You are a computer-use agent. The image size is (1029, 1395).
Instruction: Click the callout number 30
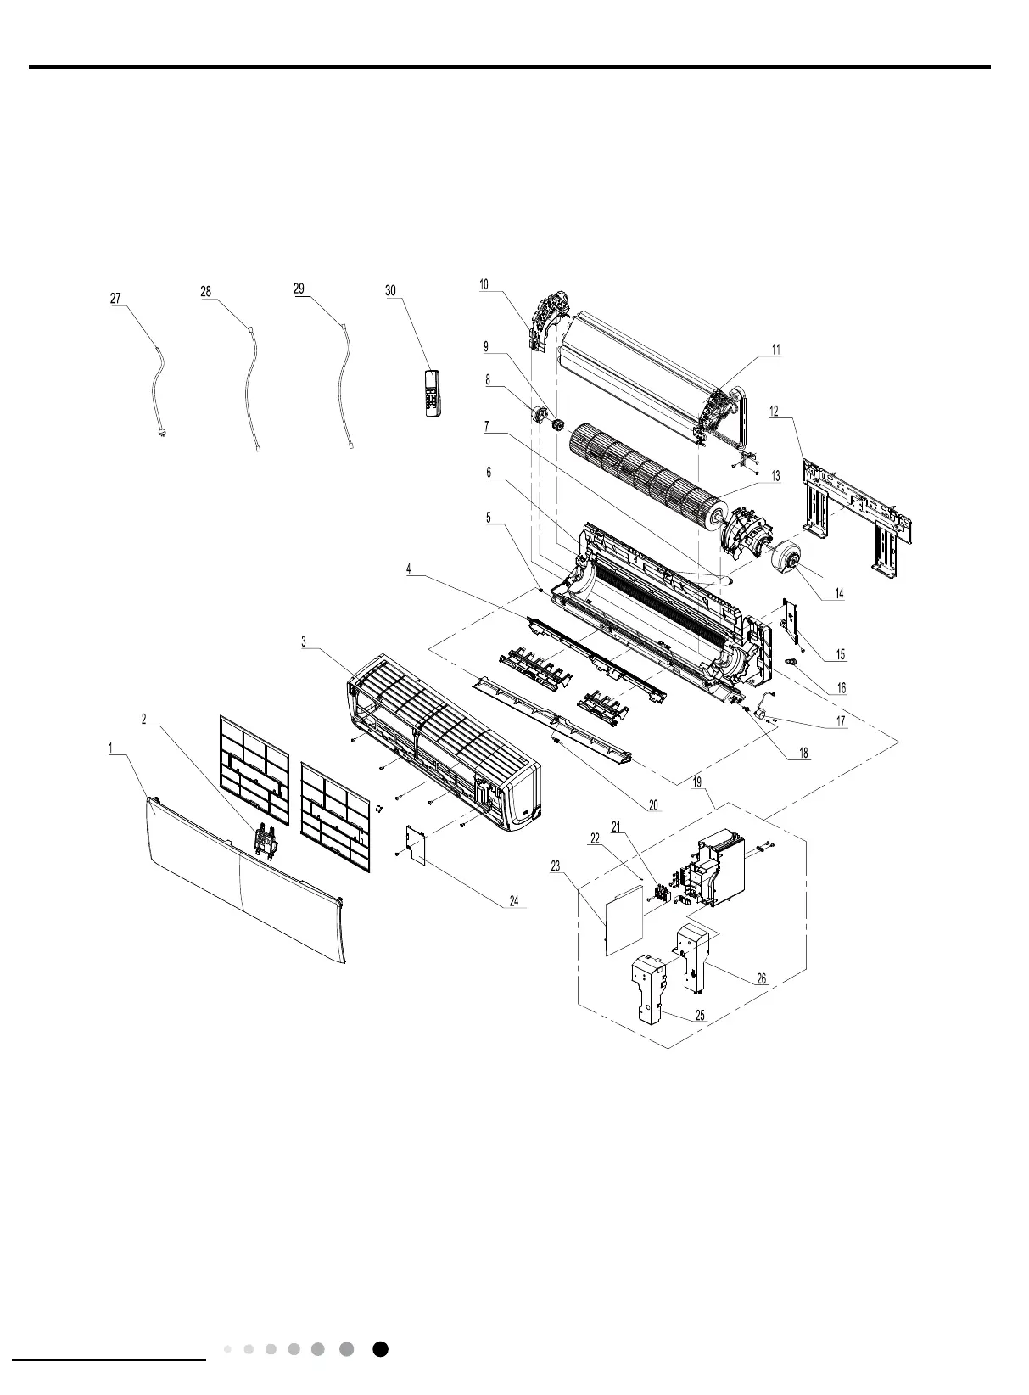click(x=390, y=290)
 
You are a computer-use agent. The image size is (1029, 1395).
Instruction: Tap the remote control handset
click(x=433, y=393)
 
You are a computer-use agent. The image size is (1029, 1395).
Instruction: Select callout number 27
click(x=115, y=298)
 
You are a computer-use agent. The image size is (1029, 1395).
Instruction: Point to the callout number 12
click(x=775, y=412)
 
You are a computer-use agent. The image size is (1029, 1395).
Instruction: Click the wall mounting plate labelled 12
click(x=857, y=517)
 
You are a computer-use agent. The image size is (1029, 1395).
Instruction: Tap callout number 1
click(x=110, y=748)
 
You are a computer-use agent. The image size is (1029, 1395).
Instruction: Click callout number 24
click(x=515, y=901)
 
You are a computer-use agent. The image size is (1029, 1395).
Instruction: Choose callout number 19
click(x=697, y=782)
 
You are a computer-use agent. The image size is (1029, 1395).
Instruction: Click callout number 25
click(x=700, y=1015)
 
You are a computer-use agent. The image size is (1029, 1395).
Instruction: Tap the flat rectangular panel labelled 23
click(x=622, y=920)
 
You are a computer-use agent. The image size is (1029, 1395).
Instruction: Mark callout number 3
click(x=304, y=642)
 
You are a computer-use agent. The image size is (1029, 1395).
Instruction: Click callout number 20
click(x=653, y=805)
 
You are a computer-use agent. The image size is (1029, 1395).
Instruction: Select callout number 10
click(x=484, y=284)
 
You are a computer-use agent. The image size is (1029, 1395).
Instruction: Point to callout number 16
click(x=841, y=689)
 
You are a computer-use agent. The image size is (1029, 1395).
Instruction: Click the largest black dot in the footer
click(x=381, y=1349)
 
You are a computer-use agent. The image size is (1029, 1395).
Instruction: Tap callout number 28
click(x=205, y=291)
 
